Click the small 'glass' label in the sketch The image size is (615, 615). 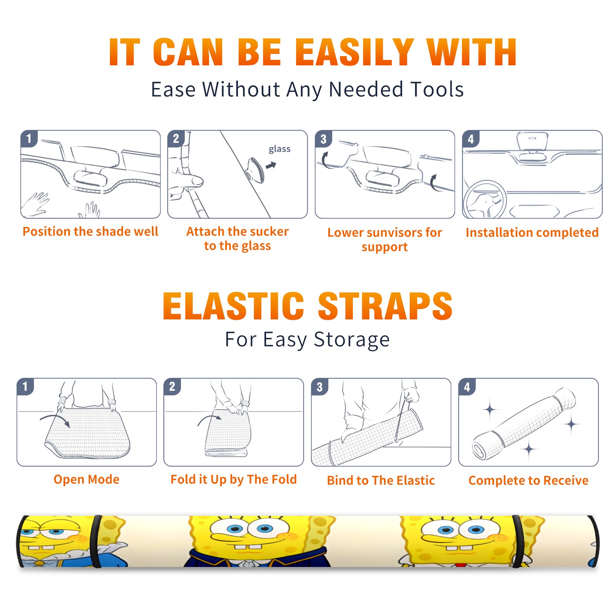[279, 149]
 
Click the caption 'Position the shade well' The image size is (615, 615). [90, 231]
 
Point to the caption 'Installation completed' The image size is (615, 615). [532, 232]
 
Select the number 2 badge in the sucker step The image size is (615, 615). [176, 138]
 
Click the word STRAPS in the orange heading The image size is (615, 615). [385, 306]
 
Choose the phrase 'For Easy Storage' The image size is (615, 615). [307, 340]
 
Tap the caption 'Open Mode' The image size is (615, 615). [86, 479]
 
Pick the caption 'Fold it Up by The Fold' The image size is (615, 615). [234, 480]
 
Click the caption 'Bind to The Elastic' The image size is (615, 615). [381, 480]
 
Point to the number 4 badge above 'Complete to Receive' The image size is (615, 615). [467, 387]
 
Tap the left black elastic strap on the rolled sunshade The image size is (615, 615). [97, 542]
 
